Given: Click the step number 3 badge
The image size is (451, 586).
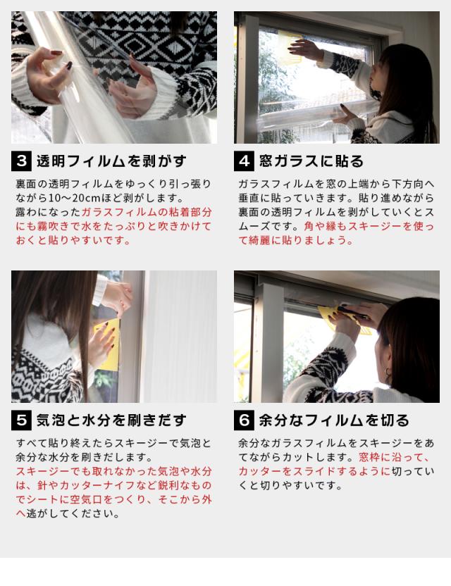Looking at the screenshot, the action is click(x=21, y=161).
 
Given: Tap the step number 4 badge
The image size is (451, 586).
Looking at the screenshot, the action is click(x=244, y=161).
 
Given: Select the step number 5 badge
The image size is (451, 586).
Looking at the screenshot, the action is click(x=21, y=420).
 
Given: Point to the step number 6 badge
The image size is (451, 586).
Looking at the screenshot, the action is click(x=244, y=420).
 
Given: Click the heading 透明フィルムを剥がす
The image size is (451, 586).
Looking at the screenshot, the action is click(x=111, y=161).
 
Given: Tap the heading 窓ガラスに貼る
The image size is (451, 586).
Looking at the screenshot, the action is click(x=311, y=161).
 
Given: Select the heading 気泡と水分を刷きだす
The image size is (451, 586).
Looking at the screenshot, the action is click(x=111, y=420).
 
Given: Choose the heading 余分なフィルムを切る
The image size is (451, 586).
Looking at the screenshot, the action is click(x=334, y=420).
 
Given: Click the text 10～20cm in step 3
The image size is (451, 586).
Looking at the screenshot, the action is click(x=70, y=198).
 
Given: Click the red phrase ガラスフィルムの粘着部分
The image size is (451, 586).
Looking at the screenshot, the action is click(x=147, y=212).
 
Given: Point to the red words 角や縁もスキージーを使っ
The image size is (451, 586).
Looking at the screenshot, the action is click(x=369, y=226).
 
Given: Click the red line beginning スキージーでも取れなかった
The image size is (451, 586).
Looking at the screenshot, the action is click(x=114, y=471).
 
